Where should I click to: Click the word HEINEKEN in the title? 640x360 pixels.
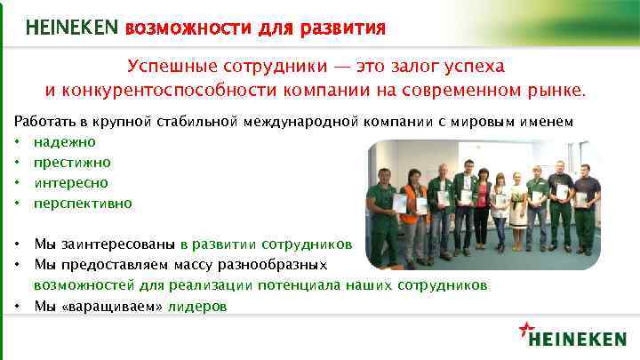pos(72,28)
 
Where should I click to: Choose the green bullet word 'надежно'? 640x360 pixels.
pos(64,141)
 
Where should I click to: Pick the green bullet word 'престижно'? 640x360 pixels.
pos(72,162)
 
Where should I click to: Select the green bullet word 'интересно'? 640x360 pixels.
pos(71,182)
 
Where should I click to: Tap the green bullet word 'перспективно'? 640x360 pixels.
pos(83,203)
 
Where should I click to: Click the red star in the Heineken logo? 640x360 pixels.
pos(524,330)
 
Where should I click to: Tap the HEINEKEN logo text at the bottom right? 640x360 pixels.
pos(577,339)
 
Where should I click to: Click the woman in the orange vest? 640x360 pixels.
pos(412,218)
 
